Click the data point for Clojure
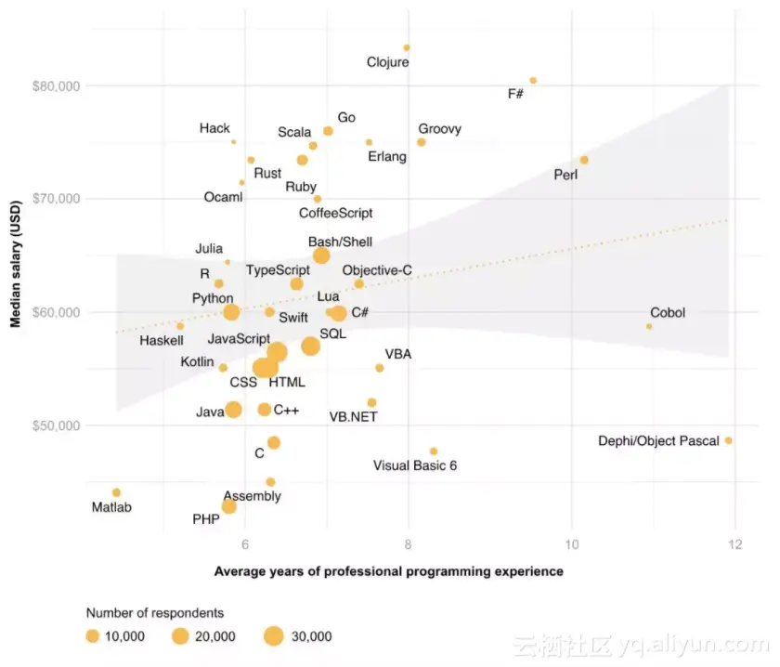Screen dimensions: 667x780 coord(407,47)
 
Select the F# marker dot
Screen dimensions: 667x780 coord(533,81)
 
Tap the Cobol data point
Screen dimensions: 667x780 coord(649,326)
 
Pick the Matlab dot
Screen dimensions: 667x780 coord(116,492)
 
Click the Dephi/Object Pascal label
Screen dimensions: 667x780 coord(658,441)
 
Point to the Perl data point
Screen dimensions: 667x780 coord(584,160)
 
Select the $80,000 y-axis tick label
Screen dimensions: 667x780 coord(57,85)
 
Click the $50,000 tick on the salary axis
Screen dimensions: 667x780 coord(57,425)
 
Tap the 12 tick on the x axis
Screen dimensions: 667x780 coord(734,545)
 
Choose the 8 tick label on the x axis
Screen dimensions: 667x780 coord(408,545)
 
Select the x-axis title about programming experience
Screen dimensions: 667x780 coord(388,571)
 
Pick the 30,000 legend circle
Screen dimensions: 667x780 coord(273,636)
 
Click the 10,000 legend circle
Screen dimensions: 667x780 coord(93,636)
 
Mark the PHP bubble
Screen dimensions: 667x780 coord(228,506)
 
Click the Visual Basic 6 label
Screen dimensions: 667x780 coord(415,465)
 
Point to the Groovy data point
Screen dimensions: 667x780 coord(422,142)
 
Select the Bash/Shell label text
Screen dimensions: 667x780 coord(340,242)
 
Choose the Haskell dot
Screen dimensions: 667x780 coord(180,326)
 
